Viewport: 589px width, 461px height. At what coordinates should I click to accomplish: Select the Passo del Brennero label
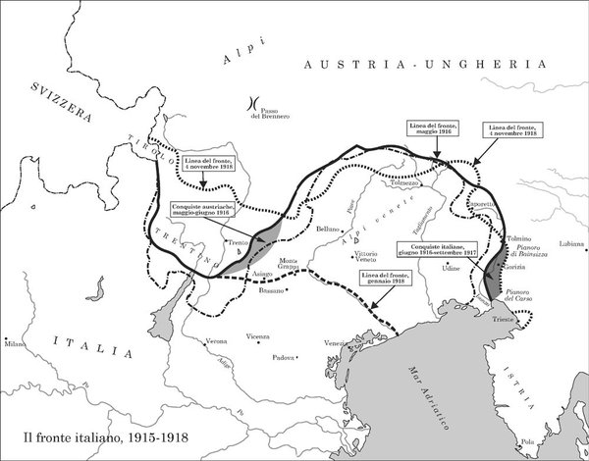tap(273, 112)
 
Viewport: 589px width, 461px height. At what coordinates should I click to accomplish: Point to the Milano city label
tap(15, 345)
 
